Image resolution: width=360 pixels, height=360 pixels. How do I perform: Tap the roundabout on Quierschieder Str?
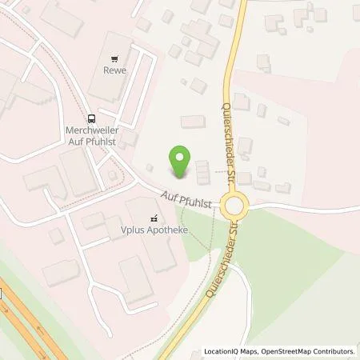coord(234,206)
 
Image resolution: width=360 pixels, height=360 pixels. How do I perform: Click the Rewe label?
coord(114,70)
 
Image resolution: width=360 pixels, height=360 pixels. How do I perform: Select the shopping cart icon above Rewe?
coord(114,58)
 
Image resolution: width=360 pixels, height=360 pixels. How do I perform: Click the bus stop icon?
coord(93,117)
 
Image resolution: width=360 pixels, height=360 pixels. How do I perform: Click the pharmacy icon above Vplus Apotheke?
coord(154,216)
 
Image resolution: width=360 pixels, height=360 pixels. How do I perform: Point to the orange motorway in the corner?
coord(32,320)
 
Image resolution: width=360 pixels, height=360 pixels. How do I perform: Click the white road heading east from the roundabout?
coord(304,206)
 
